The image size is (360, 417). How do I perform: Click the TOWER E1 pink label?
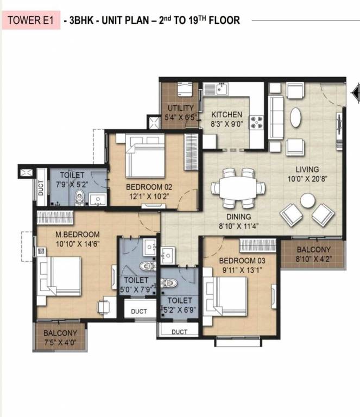pyautogui.click(x=31, y=20)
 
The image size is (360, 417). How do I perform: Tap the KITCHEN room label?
pyautogui.click(x=226, y=115)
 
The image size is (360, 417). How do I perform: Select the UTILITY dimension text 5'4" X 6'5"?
pyautogui.click(x=181, y=117)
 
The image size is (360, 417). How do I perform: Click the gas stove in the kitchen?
pyautogui.click(x=257, y=122)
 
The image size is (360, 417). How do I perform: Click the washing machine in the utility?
pyautogui.click(x=185, y=89)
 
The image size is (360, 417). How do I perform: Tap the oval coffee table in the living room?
pyautogui.click(x=295, y=117)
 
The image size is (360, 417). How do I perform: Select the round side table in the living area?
pyautogui.click(x=308, y=200)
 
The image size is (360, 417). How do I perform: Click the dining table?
pyautogui.click(x=238, y=188)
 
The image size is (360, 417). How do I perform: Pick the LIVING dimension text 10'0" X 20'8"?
pyautogui.click(x=307, y=179)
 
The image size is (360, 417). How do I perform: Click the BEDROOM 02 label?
pyautogui.click(x=149, y=187)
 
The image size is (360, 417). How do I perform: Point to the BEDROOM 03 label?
pyautogui.click(x=242, y=261)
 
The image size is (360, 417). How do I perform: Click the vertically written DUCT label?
pyautogui.click(x=41, y=188)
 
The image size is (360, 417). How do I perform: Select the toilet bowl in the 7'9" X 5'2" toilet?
pyautogui.click(x=79, y=198)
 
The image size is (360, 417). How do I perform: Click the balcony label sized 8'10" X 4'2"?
pyautogui.click(x=314, y=254)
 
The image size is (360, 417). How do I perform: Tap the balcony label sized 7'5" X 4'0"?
pyautogui.click(x=60, y=338)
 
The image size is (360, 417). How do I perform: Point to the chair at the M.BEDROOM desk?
pyautogui.click(x=104, y=307)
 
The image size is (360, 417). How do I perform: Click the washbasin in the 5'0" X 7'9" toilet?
pyautogui.click(x=150, y=248)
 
